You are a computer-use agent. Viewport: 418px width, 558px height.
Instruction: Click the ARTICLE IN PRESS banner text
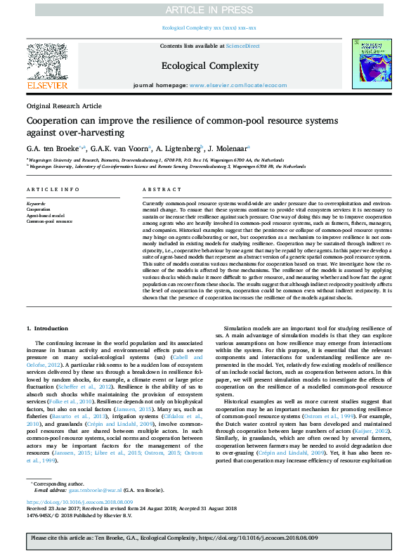(209, 9)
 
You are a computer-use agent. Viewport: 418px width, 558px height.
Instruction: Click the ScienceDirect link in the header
(242, 46)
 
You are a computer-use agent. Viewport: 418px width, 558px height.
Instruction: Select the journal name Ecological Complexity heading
(209, 66)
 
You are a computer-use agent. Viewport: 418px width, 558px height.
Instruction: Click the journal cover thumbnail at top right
(372, 63)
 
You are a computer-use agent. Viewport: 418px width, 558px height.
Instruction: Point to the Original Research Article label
(64, 105)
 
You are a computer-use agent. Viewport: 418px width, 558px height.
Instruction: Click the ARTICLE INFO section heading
(48, 190)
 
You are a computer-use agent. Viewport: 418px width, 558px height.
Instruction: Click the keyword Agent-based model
(45, 215)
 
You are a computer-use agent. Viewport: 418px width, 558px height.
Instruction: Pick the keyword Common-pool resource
(49, 221)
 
